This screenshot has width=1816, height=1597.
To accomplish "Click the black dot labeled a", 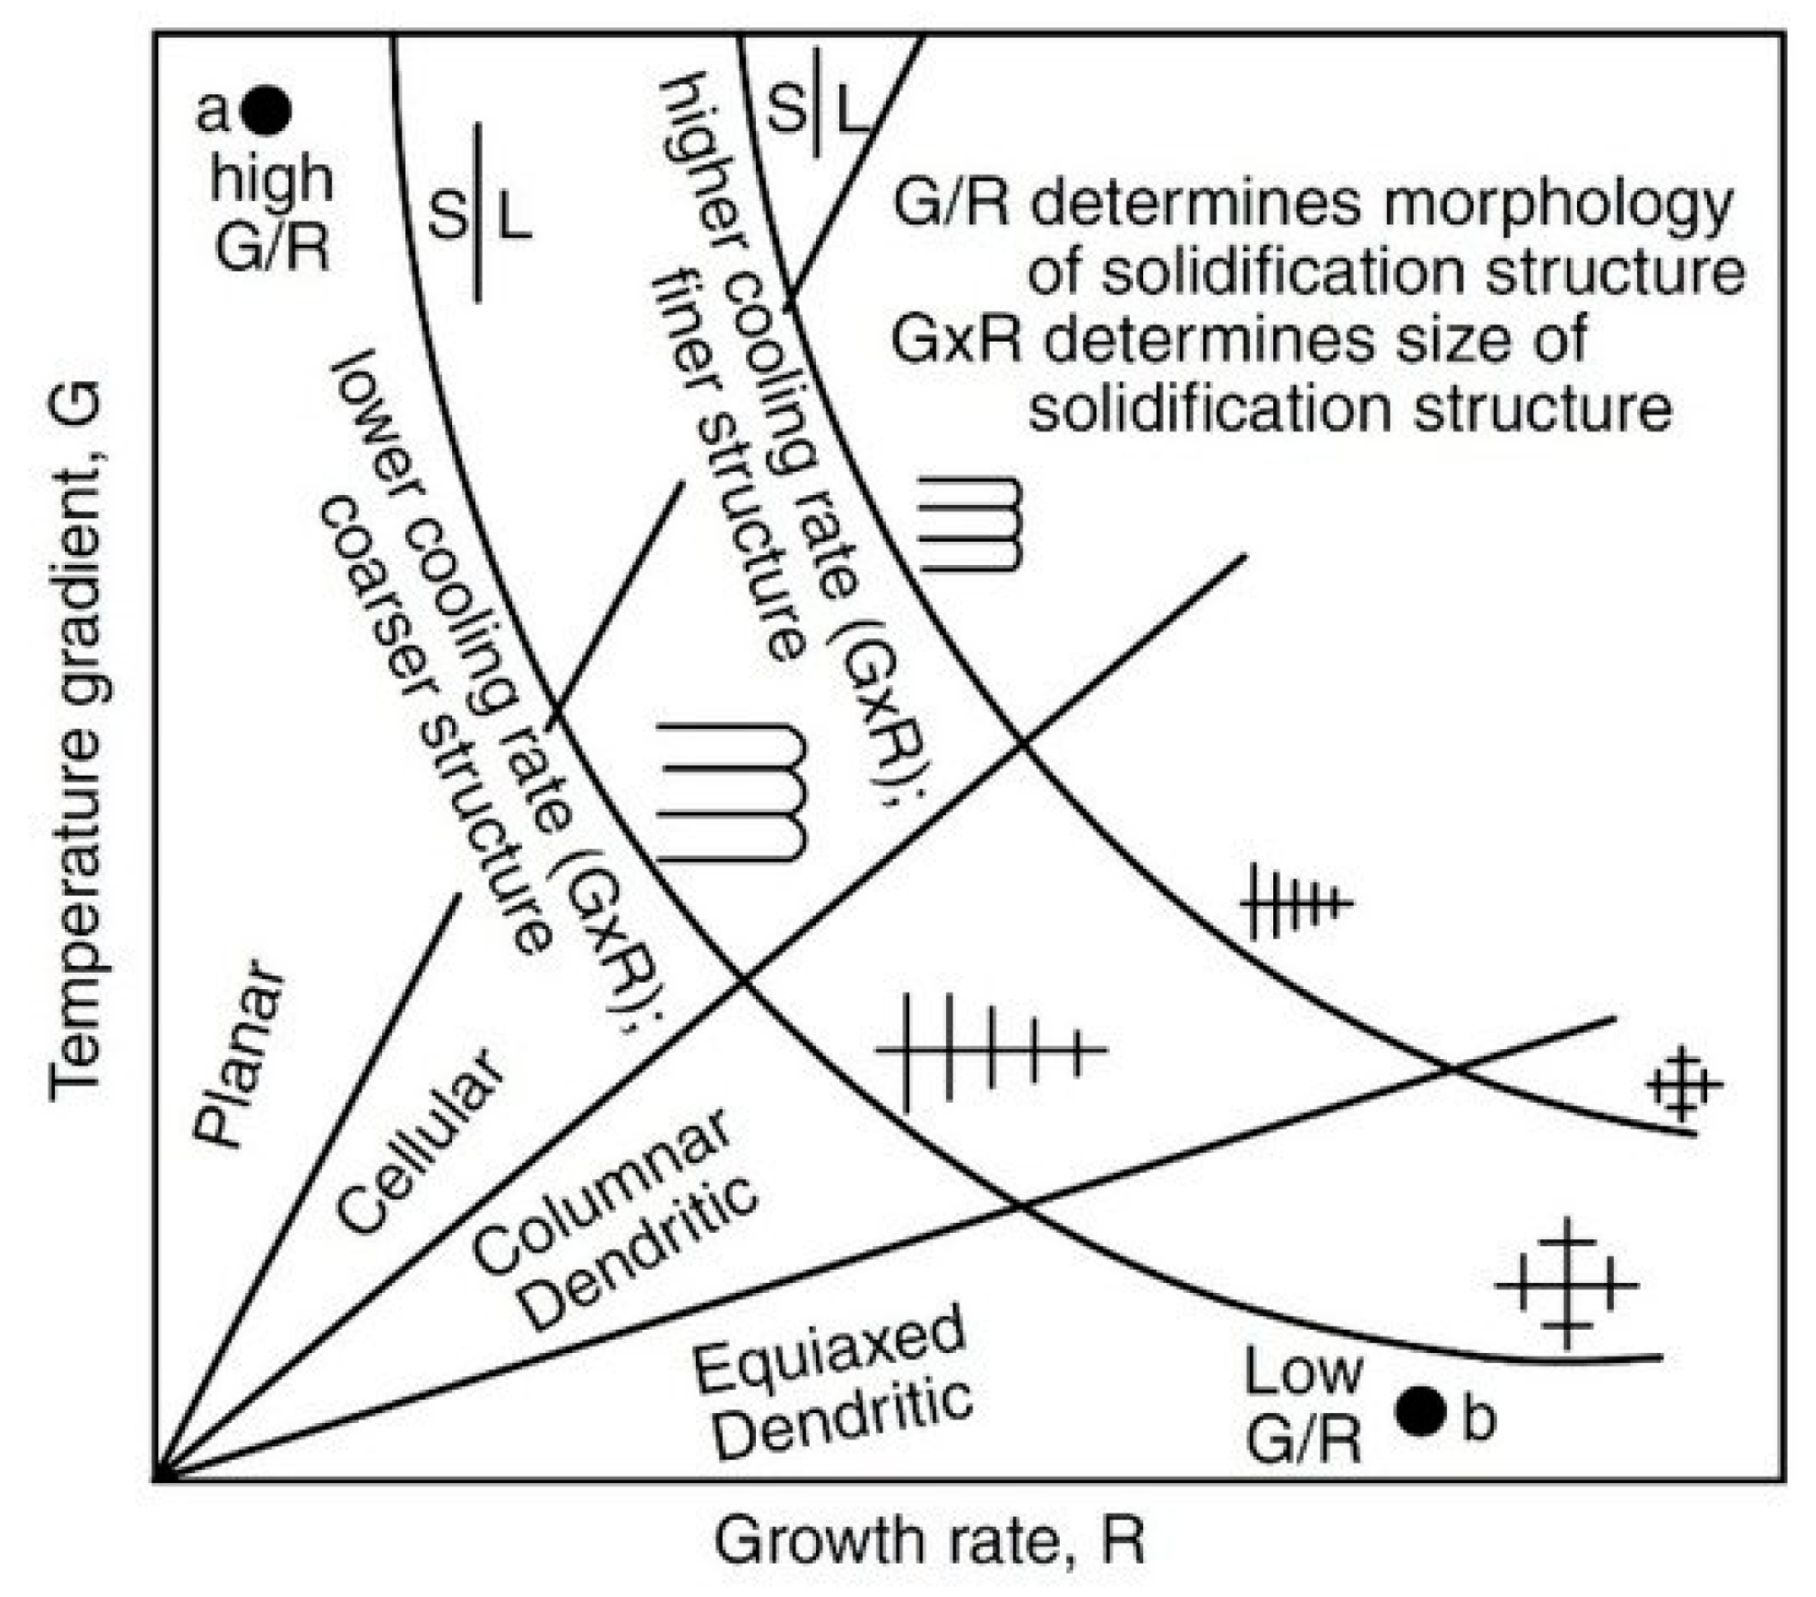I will tap(265, 111).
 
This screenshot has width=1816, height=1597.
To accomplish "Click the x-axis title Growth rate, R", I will tap(929, 1541).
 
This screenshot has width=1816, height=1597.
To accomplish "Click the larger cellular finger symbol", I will tap(732, 791).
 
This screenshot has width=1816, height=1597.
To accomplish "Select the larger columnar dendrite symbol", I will tap(991, 1050).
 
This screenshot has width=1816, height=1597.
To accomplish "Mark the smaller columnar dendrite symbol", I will tap(1296, 903).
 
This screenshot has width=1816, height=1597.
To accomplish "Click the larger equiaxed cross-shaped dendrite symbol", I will tap(1566, 1285).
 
